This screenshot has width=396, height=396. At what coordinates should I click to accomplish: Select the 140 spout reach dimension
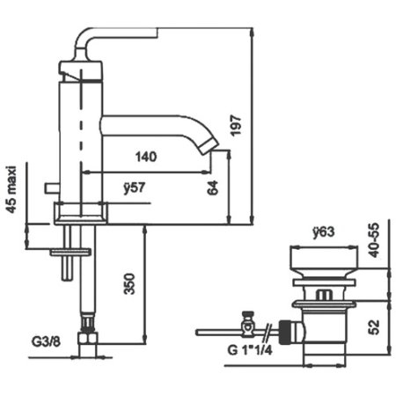147,158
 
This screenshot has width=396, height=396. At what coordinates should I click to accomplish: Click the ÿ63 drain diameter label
326,234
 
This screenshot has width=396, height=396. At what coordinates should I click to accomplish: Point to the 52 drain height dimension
376,326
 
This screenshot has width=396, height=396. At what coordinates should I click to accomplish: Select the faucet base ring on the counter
81,211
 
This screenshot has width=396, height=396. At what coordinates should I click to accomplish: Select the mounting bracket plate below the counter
70,251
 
